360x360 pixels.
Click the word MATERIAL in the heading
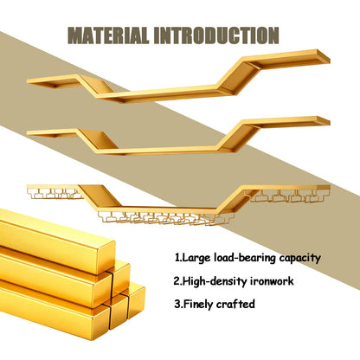108,35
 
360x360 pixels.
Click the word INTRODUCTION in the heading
216,35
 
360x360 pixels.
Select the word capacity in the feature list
300,258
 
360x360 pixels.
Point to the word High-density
215,281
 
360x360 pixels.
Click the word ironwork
272,280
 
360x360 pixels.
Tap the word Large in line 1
196,258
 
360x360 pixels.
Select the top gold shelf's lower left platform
55,81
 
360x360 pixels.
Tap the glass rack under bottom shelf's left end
55,194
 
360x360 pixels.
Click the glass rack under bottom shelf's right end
288,196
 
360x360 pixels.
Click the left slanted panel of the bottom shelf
100,196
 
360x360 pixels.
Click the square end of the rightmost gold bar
137,301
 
